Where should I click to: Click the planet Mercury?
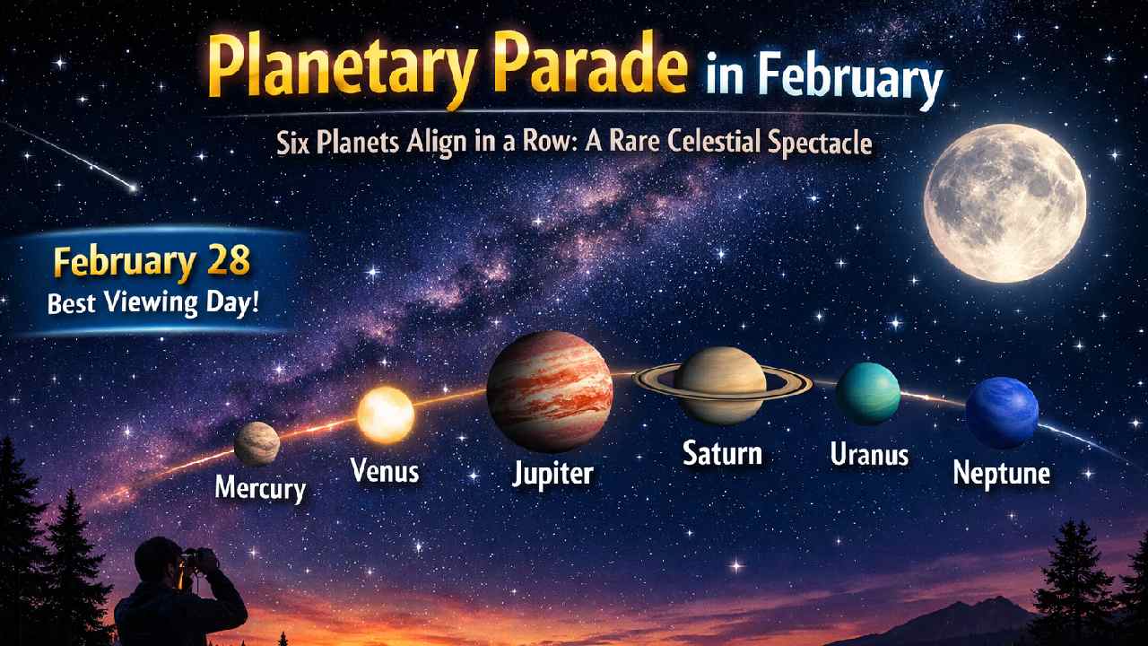point(257,443)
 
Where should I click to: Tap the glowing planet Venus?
point(386,415)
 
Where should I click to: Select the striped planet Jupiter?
point(549,390)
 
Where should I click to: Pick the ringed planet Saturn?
point(720,384)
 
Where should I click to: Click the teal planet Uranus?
point(867,393)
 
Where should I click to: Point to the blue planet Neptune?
point(1001,413)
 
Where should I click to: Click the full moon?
point(1004,204)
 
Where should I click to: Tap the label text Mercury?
point(260,488)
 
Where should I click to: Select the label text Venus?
point(385,469)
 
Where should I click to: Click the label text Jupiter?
point(552,473)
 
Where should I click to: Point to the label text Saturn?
point(722,452)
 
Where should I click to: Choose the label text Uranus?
point(869,455)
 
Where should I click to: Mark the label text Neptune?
point(1001,473)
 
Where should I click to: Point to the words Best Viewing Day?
point(152,301)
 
